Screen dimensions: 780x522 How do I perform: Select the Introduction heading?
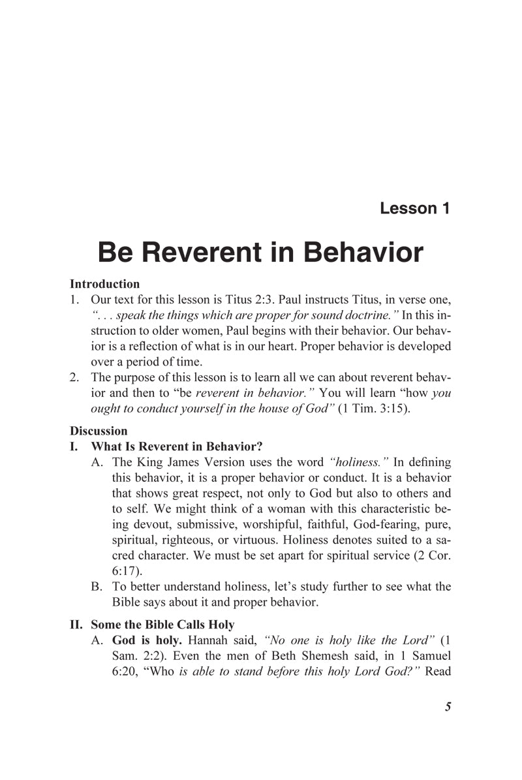pos(104,284)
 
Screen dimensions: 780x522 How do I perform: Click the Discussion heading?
pos(99,431)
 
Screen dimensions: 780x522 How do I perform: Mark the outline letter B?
pos(99,586)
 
